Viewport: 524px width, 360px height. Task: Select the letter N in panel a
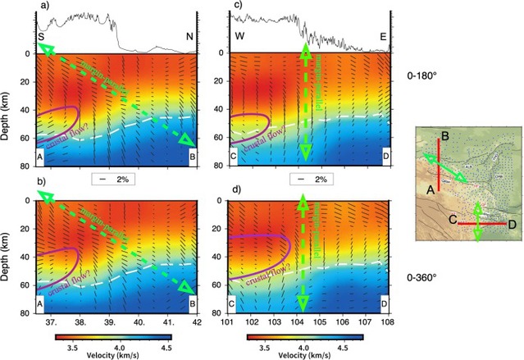point(190,37)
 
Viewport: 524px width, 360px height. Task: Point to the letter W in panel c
point(217,37)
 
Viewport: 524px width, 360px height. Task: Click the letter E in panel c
point(384,37)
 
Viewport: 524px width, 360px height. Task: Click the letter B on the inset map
point(444,135)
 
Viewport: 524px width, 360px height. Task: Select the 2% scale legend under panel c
point(315,178)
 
